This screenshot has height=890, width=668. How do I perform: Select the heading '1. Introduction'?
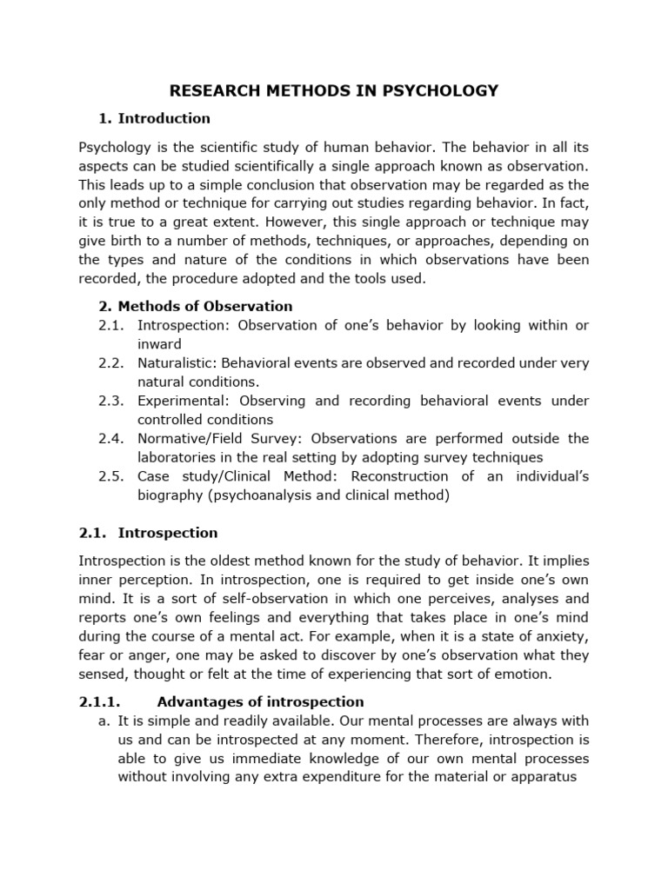tap(154, 118)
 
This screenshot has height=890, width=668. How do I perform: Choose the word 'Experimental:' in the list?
tap(181, 401)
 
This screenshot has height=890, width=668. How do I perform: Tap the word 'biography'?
tap(170, 495)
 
